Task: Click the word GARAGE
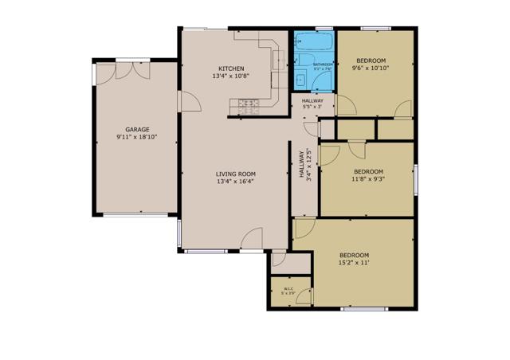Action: (x=137, y=129)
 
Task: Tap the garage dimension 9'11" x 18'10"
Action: (x=137, y=137)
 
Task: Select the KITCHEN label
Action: (x=231, y=68)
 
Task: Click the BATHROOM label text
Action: (x=322, y=65)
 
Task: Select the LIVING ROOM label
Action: (x=235, y=174)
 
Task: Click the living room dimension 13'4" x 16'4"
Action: (x=235, y=182)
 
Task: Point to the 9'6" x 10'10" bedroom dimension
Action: (x=371, y=68)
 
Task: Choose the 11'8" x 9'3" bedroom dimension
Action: (x=368, y=179)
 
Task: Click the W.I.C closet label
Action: (x=288, y=289)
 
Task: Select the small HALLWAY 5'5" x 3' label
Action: (x=312, y=104)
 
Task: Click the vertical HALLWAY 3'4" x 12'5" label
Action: (x=305, y=167)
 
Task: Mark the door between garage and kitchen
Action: (x=188, y=102)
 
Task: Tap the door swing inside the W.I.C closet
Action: (x=278, y=259)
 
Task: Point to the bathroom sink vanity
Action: (x=301, y=78)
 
